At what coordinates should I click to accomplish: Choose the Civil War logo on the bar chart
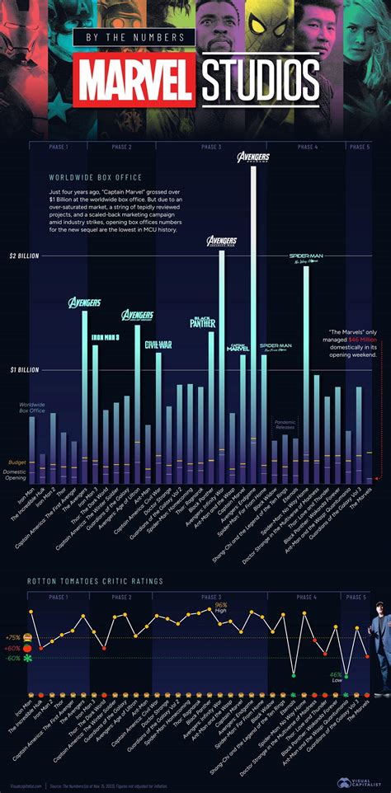coord(158,345)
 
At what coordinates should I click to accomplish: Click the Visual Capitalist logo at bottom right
coord(360,781)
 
